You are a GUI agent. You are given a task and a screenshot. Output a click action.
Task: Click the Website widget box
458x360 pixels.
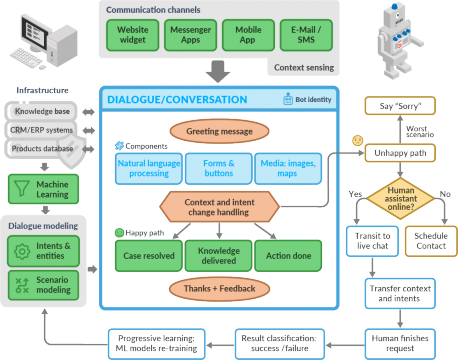tap(134, 36)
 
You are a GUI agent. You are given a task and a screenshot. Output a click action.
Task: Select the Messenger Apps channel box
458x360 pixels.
tap(191, 36)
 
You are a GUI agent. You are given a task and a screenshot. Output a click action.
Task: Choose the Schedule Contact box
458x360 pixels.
tap(432, 240)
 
